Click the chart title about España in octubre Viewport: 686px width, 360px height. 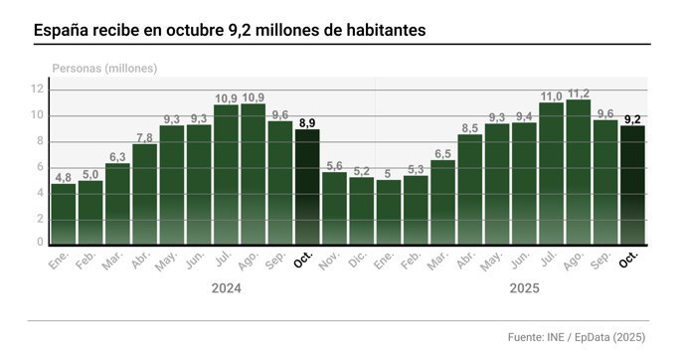(x=230, y=31)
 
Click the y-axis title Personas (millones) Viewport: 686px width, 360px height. (x=104, y=68)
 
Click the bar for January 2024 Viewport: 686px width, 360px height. (x=64, y=213)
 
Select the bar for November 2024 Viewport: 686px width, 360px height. (x=334, y=208)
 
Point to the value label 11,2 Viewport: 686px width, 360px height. (x=578, y=92)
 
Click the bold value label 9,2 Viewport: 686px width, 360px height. (x=631, y=119)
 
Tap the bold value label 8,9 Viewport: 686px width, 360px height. (x=307, y=123)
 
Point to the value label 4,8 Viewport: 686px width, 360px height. (x=64, y=177)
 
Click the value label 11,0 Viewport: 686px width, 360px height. (x=551, y=95)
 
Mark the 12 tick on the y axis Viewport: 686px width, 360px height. (x=39, y=90)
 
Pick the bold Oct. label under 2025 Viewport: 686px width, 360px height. (x=628, y=261)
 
